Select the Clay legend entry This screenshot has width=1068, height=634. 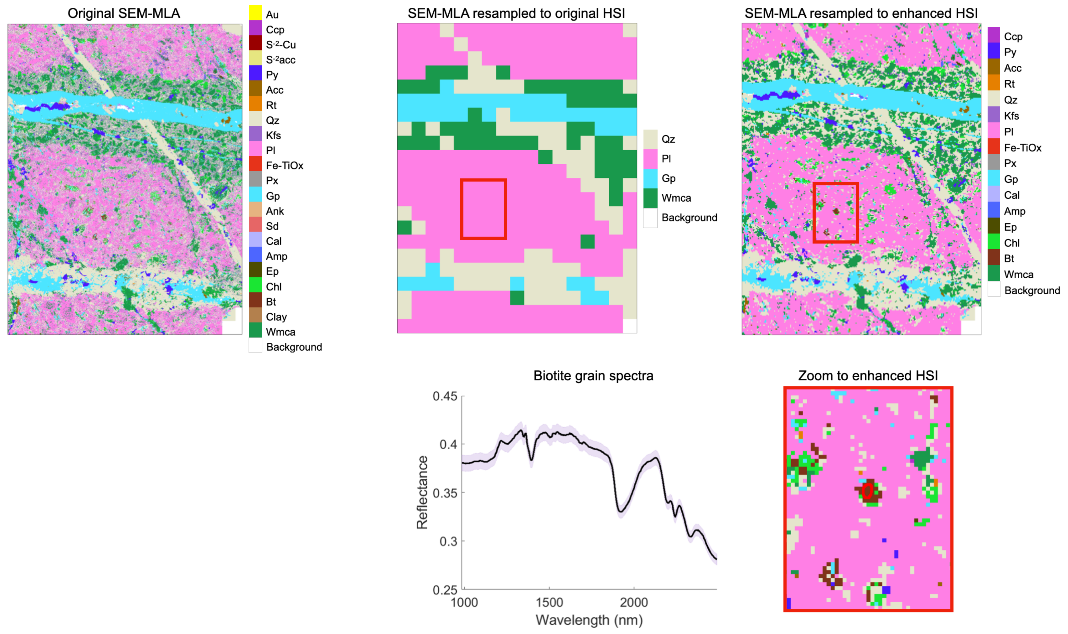coord(276,317)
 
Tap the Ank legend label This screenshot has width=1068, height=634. coord(275,211)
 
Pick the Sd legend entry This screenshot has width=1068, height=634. coord(272,226)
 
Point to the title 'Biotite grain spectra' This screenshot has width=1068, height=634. coord(593,376)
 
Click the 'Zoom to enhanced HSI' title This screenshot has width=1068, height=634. coord(868,376)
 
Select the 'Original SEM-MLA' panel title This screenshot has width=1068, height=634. coord(124,13)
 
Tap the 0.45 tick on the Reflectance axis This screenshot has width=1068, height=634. coord(445,396)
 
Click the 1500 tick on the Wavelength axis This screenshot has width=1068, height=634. coord(549,603)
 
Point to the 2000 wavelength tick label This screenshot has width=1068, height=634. coord(634,603)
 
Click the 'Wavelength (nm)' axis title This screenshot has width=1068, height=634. coord(589,620)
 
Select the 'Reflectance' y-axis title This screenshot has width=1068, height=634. coord(422,493)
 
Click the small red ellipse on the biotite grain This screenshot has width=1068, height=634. coord(867,491)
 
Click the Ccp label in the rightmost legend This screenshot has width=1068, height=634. coord(1013,37)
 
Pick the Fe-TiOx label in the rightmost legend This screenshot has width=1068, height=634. coord(1022,148)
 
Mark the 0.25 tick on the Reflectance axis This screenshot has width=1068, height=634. coord(445,590)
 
